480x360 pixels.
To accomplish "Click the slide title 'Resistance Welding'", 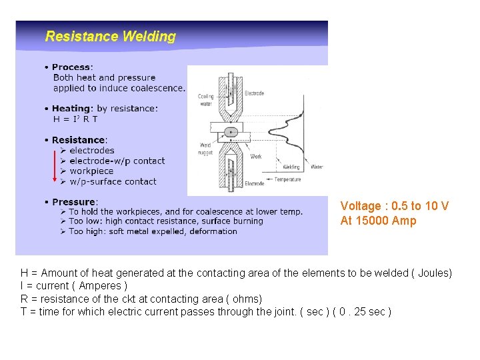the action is tap(110, 37).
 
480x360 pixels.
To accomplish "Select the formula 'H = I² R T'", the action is tap(75, 119).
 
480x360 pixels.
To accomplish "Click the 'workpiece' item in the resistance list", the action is tap(91, 171).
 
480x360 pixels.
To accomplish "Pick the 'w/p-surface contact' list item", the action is tap(113, 181).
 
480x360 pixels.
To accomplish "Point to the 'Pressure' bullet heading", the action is tap(74, 202).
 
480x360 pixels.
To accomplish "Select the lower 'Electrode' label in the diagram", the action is tap(254, 183).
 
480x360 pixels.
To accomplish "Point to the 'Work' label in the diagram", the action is tap(255, 156).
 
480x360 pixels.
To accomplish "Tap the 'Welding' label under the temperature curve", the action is tap(291, 167).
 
